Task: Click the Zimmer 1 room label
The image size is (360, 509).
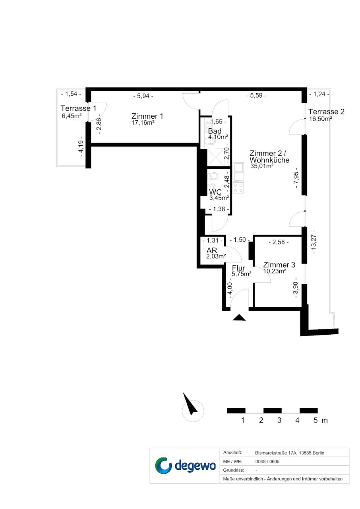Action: click(147, 116)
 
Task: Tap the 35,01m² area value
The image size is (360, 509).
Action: click(262, 166)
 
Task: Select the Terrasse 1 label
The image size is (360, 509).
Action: click(78, 108)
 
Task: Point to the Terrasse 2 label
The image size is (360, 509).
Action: click(326, 112)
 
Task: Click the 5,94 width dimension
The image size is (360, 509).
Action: click(143, 96)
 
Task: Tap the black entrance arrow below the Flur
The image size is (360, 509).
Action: click(239, 317)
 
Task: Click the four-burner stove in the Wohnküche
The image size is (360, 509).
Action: click(238, 188)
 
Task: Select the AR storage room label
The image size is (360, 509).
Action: click(212, 251)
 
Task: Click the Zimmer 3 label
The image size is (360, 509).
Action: click(279, 265)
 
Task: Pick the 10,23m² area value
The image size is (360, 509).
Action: click(275, 271)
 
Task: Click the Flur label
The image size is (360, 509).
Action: click(238, 268)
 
